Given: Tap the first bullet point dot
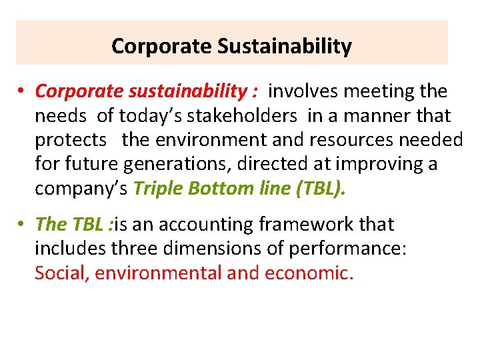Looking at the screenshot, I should pos(22,91).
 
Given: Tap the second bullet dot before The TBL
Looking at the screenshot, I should pos(22,225).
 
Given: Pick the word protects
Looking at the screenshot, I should pos(70,140).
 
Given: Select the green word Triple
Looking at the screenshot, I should pos(159,189).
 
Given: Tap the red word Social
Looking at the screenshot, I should pos(62,273).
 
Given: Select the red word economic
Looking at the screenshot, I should pos(307,273).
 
